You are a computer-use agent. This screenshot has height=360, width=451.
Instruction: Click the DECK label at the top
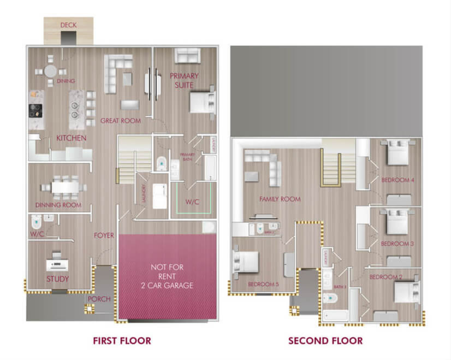click(68, 25)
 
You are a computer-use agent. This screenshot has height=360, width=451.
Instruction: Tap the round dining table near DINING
click(51, 71)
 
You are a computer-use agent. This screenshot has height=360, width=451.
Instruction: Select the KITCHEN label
click(71, 138)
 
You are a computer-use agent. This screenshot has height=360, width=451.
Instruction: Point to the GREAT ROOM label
click(121, 121)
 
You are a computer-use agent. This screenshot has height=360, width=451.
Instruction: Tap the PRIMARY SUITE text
click(184, 80)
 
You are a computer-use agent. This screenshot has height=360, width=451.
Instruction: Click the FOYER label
click(104, 236)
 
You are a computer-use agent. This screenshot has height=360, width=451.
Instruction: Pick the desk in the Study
click(56, 265)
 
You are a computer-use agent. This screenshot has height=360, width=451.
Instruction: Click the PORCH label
click(99, 299)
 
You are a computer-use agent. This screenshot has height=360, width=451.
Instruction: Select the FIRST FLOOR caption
click(122, 341)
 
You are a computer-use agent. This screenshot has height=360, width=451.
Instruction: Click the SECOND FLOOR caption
click(325, 341)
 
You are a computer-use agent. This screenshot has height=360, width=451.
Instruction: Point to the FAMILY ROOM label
click(280, 199)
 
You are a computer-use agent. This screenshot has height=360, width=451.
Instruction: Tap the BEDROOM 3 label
click(397, 244)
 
